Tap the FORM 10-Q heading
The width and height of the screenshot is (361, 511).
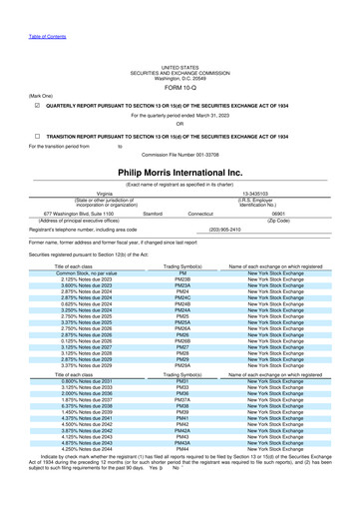[180, 84]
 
